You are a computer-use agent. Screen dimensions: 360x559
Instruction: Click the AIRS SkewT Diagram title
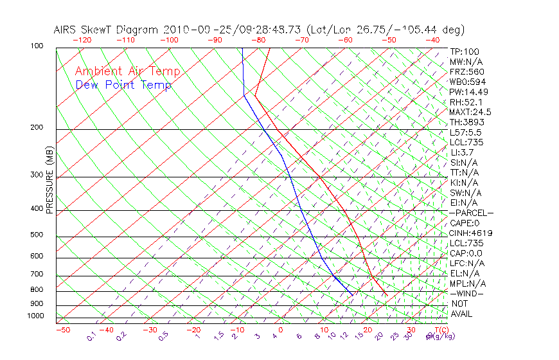(x=259, y=30)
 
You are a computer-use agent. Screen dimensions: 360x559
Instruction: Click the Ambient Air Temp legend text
(x=127, y=71)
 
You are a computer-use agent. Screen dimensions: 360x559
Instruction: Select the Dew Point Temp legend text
(x=123, y=85)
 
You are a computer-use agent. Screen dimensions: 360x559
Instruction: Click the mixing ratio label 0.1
(x=91, y=337)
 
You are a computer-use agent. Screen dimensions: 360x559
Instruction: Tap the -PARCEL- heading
(x=471, y=213)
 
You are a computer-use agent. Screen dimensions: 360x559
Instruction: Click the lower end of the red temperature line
(x=387, y=294)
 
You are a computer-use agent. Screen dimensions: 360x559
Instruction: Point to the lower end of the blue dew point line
(x=353, y=294)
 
